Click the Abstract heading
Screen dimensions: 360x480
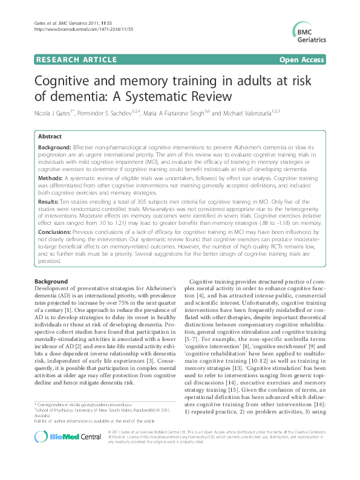(x=51, y=137)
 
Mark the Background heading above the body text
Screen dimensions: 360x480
(x=51, y=282)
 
